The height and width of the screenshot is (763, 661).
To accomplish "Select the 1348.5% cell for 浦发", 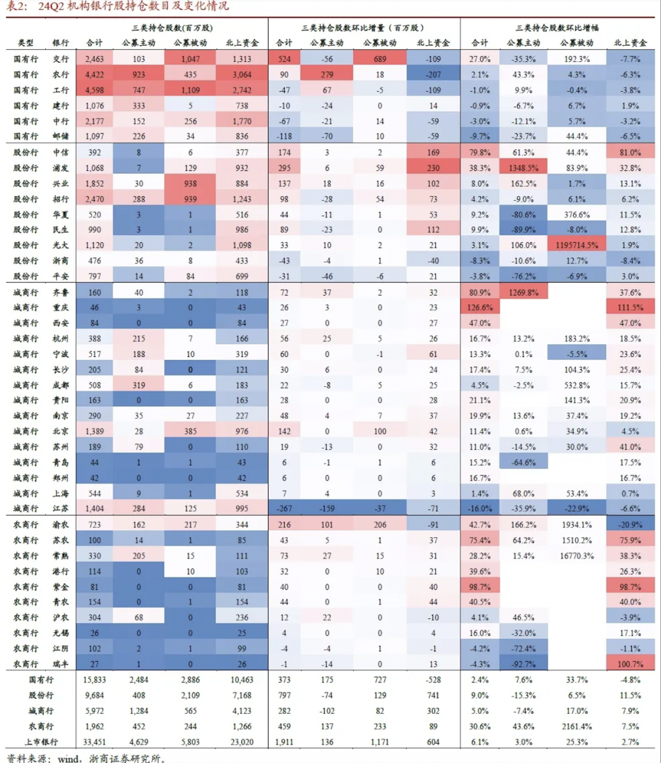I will click(x=523, y=168).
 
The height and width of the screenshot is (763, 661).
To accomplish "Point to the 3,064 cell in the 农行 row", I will click(x=242, y=74).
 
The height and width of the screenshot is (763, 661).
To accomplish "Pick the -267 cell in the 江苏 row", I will click(x=284, y=509).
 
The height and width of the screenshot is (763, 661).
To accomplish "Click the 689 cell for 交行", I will click(x=379, y=59).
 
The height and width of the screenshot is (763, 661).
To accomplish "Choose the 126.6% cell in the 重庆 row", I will click(x=480, y=307).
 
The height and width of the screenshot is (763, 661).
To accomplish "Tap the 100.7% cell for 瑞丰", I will click(x=629, y=664).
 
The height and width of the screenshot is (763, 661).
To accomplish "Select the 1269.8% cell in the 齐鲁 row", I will click(x=523, y=292).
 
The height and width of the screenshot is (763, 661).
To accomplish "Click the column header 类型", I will click(x=26, y=43).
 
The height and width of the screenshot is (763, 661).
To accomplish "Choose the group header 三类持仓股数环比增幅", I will click(x=557, y=28).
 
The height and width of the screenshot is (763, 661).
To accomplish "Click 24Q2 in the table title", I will click(x=52, y=7).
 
